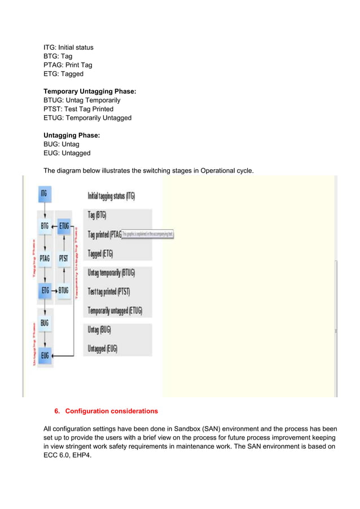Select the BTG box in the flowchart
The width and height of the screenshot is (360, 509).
point(45,226)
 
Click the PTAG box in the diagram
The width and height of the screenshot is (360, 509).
point(45,258)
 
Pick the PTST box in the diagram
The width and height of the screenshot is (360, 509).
point(64,258)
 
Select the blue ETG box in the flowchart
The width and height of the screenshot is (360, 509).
point(45,291)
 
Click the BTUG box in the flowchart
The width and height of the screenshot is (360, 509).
point(64,291)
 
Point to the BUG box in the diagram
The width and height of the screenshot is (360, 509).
point(45,323)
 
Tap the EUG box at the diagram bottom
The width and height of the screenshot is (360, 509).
point(45,355)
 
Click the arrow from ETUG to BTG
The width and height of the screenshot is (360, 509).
point(54,226)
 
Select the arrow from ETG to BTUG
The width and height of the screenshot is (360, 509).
point(54,291)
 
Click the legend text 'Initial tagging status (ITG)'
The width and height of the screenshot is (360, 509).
point(111,196)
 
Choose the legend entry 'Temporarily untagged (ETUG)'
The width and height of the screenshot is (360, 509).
point(115,311)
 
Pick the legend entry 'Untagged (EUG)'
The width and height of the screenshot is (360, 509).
point(103,349)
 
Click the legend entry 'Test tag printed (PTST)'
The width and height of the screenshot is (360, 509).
point(109,292)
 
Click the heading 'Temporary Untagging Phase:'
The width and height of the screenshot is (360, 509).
point(90,91)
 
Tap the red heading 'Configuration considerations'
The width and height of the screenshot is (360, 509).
point(111,411)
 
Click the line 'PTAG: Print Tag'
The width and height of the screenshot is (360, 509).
point(68,65)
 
